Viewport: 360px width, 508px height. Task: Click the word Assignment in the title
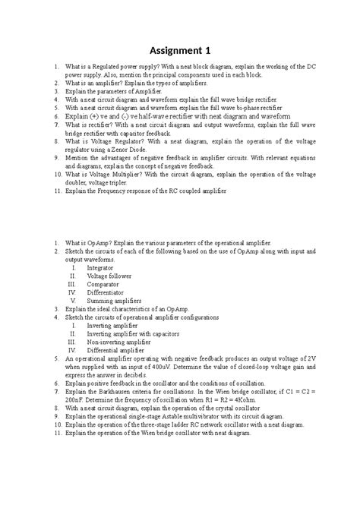175,52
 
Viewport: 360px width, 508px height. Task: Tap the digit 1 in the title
207,52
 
